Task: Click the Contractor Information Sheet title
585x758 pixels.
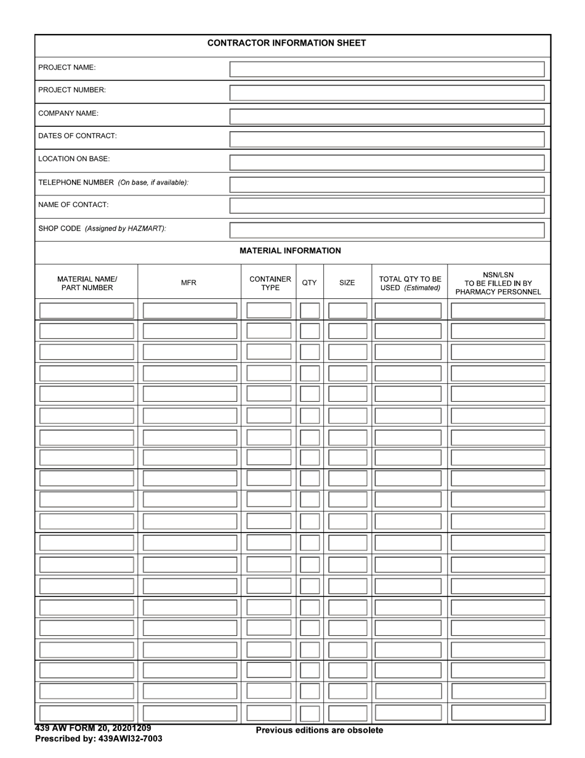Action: point(286,43)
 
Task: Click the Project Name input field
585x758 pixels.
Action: point(387,69)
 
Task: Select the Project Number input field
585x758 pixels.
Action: point(387,92)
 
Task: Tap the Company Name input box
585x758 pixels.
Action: point(387,116)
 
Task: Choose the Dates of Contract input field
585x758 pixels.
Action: point(387,139)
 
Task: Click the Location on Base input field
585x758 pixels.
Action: point(387,162)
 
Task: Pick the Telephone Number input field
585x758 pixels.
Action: point(387,184)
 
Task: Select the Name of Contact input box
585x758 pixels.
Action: point(387,206)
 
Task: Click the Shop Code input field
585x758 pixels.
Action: point(387,230)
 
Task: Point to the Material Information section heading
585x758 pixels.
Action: point(290,251)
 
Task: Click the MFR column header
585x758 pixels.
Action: point(188,283)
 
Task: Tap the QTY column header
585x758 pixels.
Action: point(309,283)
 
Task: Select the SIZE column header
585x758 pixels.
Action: point(347,283)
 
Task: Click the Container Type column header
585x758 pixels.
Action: point(270,283)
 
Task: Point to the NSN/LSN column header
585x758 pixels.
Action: point(498,283)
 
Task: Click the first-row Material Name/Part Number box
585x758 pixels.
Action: point(87,310)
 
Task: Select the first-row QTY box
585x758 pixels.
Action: point(310,311)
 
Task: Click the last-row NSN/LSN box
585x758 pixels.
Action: point(498,712)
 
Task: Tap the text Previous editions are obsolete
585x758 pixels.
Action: point(319,730)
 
